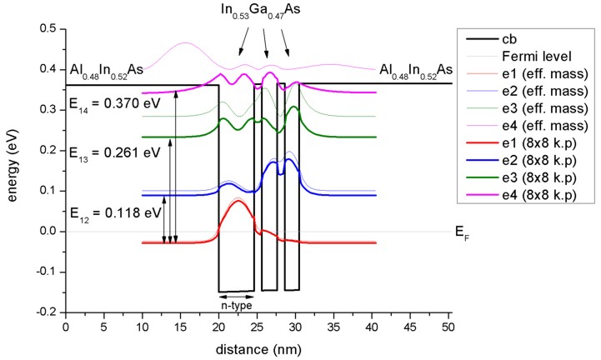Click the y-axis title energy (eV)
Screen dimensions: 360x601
pos(14,171)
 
